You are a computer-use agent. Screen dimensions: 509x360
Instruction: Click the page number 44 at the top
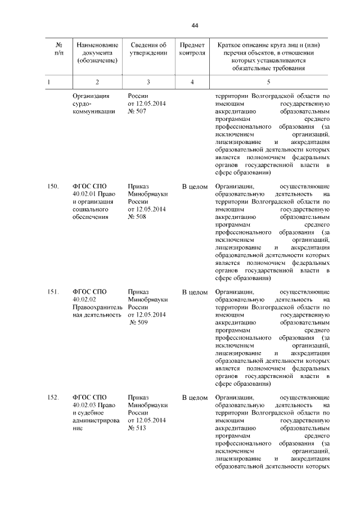(195, 25)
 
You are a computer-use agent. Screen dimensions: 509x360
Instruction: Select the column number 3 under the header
(148, 82)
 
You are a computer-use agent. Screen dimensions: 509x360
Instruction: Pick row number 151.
(53, 292)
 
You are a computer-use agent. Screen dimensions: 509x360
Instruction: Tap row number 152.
(53, 398)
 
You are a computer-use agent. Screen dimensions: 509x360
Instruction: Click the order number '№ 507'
(137, 111)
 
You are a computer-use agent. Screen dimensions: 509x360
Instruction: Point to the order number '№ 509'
(138, 323)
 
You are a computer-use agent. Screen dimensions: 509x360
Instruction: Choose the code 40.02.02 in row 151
(84, 300)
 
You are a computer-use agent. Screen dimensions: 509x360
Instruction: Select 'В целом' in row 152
(195, 398)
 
